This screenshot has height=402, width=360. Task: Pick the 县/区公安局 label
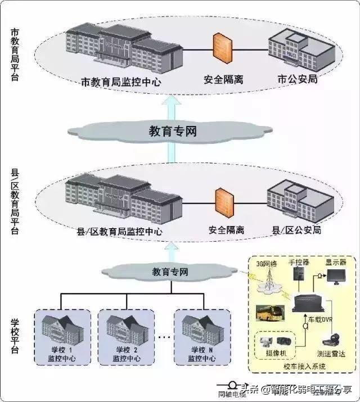pos(296,230)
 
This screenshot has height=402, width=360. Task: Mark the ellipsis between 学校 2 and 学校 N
pos(164,337)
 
